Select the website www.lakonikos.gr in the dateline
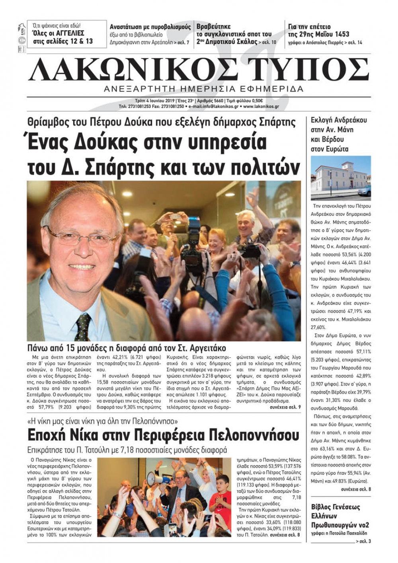(260, 107)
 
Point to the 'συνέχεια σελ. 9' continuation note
(285, 407)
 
